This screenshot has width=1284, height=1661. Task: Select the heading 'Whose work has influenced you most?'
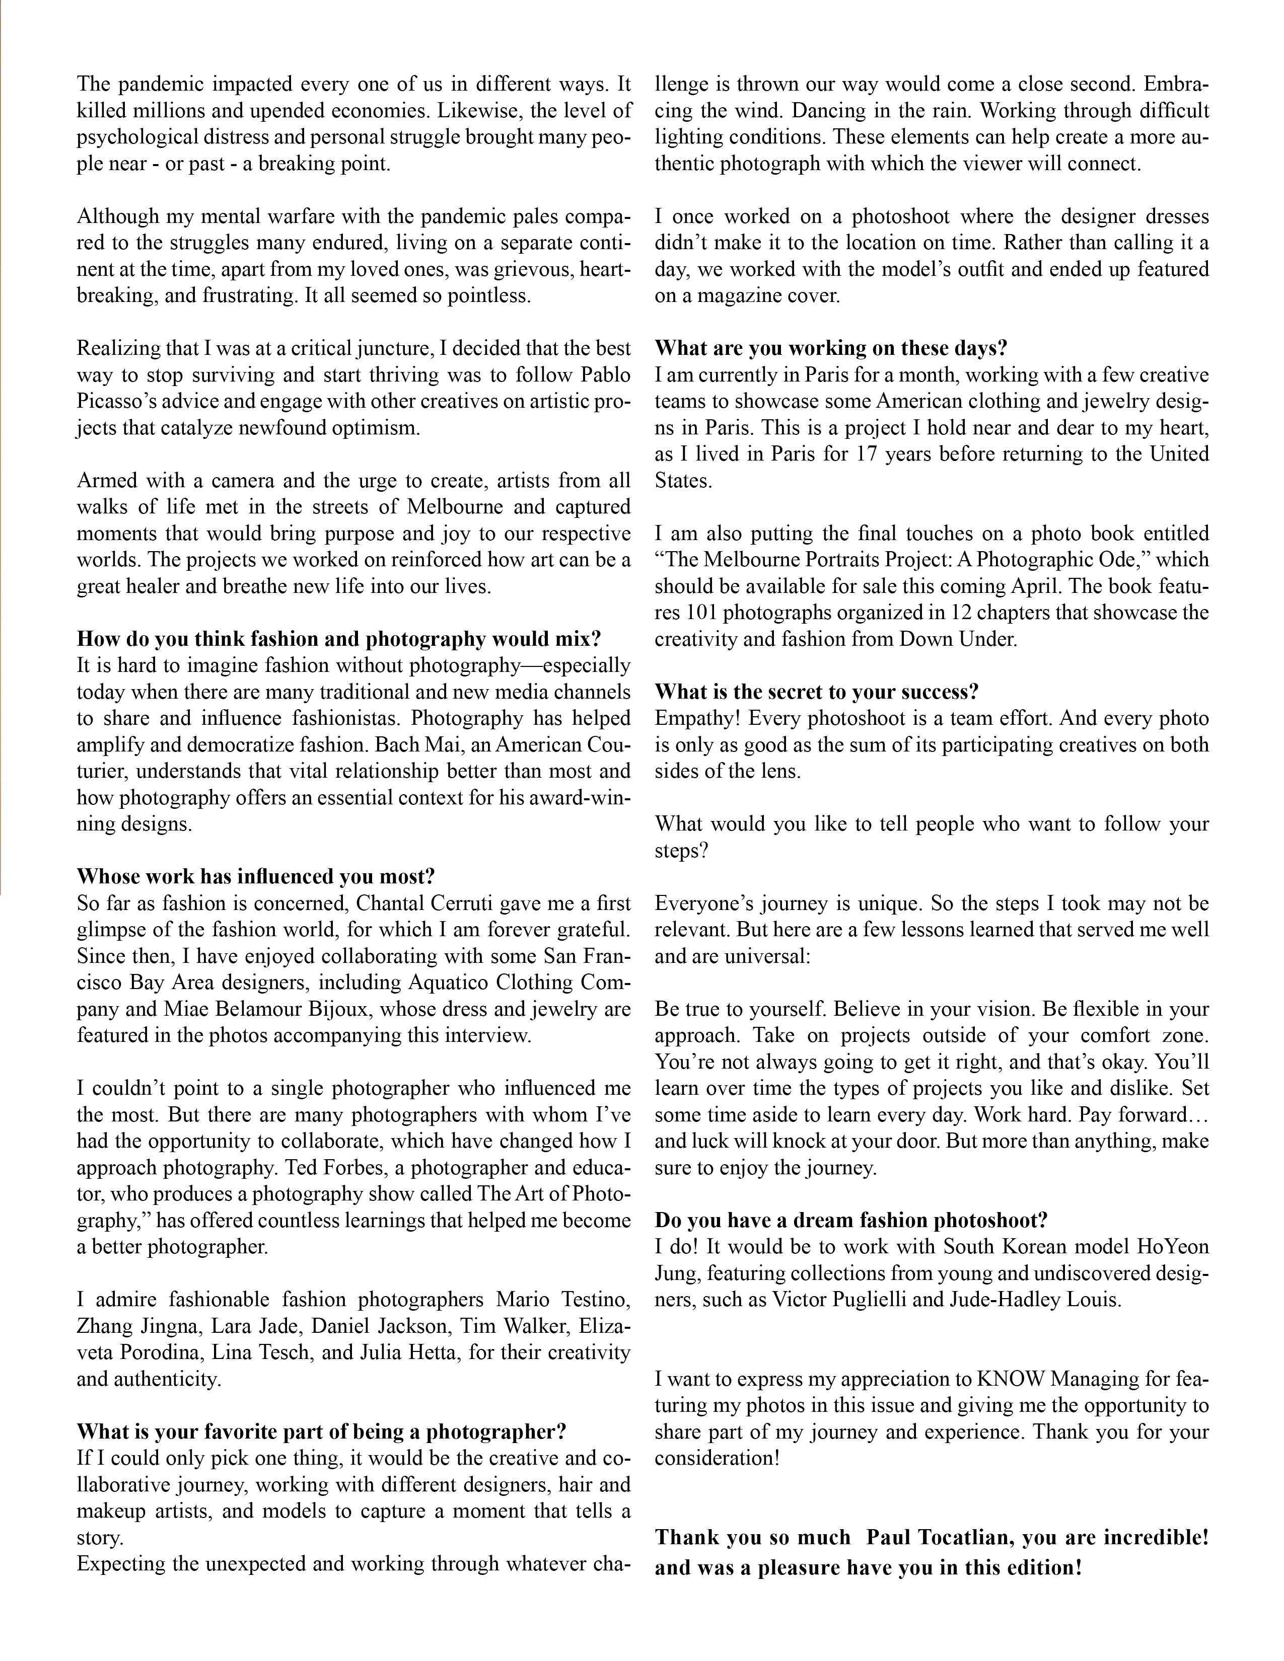click(256, 876)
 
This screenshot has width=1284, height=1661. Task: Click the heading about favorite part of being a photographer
click(321, 1432)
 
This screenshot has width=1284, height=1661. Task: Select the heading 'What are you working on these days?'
click(831, 348)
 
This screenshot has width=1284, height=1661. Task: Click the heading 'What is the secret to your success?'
click(816, 692)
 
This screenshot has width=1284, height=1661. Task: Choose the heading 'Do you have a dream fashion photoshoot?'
click(851, 1221)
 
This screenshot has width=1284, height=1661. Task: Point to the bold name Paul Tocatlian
click(937, 1537)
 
